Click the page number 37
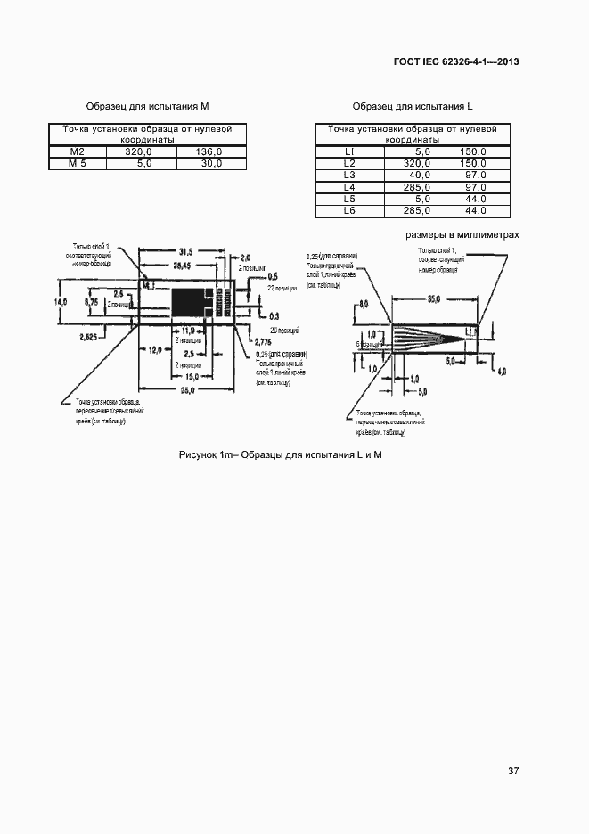click(x=512, y=770)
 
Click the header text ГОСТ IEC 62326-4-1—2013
click(x=455, y=61)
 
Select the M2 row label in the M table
click(x=77, y=152)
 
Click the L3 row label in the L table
click(x=349, y=176)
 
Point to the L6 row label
click(x=349, y=210)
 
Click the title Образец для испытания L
click(x=412, y=106)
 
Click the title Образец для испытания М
click(x=147, y=106)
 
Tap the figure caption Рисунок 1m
click(x=281, y=455)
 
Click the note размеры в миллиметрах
click(x=462, y=234)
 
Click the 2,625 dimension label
click(x=88, y=337)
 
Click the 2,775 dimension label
click(x=263, y=342)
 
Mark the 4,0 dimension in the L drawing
click(x=501, y=371)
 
